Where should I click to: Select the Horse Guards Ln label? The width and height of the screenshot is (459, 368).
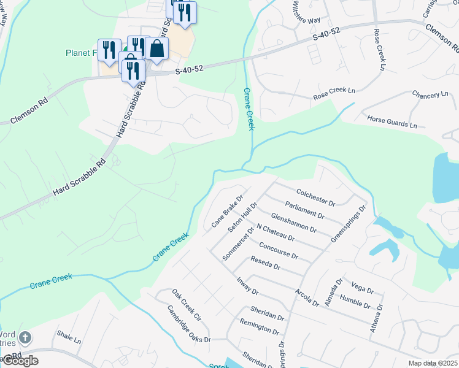pyautogui.click(x=391, y=121)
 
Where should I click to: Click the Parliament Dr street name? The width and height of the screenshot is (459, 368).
pyautogui.click(x=305, y=210)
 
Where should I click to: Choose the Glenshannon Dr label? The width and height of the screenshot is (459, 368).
pyautogui.click(x=293, y=224)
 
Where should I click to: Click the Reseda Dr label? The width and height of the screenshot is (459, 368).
pyautogui.click(x=265, y=264)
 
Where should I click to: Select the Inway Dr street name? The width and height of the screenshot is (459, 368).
pyautogui.click(x=248, y=288)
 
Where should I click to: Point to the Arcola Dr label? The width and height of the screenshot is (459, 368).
pyautogui.click(x=307, y=297)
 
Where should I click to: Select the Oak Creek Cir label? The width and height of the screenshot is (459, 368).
pyautogui.click(x=187, y=305)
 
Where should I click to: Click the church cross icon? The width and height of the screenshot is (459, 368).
pyautogui.click(x=25, y=337)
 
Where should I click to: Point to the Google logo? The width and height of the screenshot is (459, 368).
pyautogui.click(x=20, y=361)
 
